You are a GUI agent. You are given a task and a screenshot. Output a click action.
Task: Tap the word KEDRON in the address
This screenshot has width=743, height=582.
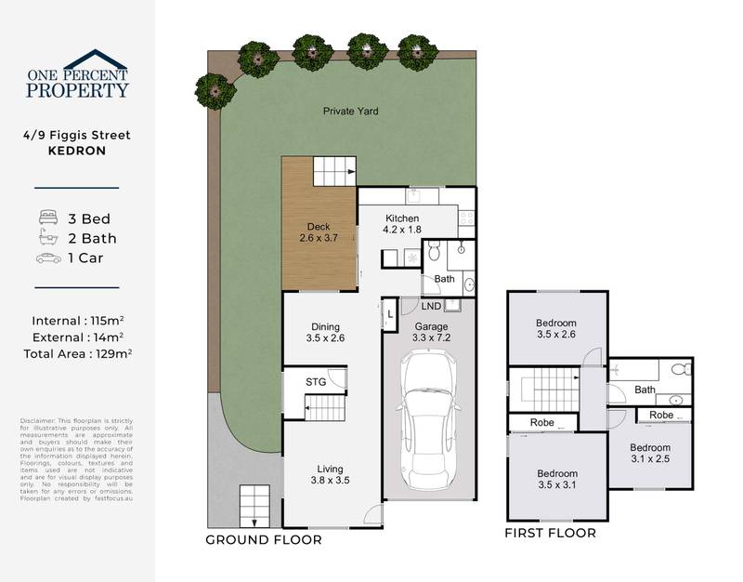point(77,150)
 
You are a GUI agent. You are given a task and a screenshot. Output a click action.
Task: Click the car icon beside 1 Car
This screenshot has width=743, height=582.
point(48,258)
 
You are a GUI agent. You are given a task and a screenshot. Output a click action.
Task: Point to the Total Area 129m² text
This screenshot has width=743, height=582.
point(77,353)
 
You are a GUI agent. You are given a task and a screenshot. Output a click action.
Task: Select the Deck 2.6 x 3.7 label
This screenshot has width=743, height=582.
point(319,232)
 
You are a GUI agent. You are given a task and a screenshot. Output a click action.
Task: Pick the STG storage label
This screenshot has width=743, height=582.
point(316,381)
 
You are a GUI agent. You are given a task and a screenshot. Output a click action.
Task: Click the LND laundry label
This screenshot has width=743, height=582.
point(431,306)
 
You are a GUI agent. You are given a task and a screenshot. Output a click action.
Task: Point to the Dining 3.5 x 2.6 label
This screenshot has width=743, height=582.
point(325,333)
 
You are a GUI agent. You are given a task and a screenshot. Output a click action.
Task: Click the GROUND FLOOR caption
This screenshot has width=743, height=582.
point(264,539)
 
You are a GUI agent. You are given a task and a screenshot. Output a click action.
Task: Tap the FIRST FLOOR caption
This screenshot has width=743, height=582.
point(550,534)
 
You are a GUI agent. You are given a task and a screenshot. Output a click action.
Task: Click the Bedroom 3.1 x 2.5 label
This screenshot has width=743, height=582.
point(650,453)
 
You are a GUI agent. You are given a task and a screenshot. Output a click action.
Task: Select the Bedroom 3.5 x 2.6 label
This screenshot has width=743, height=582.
point(556,329)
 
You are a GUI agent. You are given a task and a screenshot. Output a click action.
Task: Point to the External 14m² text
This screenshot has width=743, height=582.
point(77,337)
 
